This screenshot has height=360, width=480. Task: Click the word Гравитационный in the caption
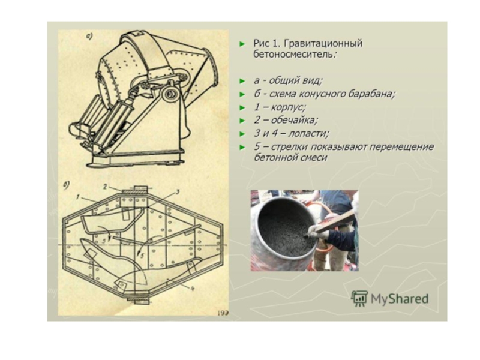[323, 43]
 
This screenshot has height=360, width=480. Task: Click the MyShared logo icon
[359, 298]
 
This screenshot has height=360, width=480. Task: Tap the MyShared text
[400, 298]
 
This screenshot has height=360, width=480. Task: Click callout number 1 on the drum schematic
[78, 197]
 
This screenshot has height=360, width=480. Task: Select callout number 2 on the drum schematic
[105, 187]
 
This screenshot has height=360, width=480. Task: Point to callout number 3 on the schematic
[177, 192]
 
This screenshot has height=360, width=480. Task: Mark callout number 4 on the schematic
[193, 289]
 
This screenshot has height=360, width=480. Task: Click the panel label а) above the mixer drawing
[89, 37]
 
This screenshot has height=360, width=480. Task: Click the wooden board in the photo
[336, 221]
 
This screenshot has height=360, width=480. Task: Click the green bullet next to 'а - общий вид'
[242, 81]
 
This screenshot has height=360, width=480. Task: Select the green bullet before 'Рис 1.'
[242, 44]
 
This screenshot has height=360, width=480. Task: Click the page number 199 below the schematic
[223, 313]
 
